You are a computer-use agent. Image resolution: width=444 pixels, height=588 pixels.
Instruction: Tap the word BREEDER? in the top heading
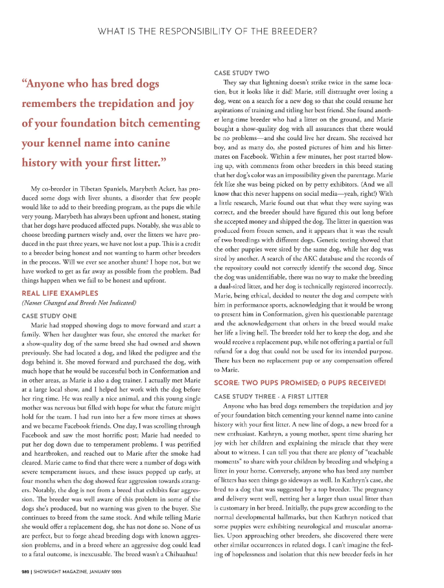click(x=294, y=31)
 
